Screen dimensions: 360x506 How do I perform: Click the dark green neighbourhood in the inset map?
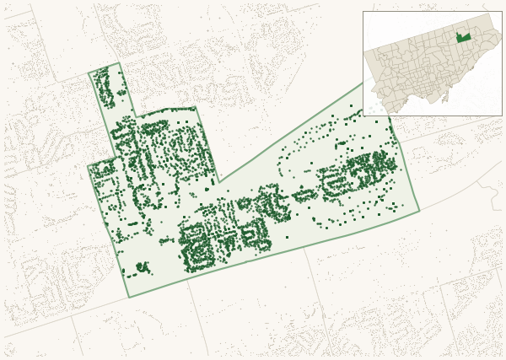tap(463, 38)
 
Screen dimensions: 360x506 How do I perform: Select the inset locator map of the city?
tap(432, 63)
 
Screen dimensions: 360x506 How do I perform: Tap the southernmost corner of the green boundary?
tap(130, 297)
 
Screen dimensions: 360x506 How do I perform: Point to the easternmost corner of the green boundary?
tap(419, 211)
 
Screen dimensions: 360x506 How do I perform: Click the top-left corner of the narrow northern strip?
tap(89, 74)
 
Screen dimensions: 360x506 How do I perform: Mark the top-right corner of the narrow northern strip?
tap(120, 63)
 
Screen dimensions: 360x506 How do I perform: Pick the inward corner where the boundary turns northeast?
tap(218, 181)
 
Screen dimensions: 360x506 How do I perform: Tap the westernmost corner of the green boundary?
tap(88, 165)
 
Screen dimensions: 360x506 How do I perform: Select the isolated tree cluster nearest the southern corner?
tap(139, 268)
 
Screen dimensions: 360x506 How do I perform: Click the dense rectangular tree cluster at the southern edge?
tap(198, 249)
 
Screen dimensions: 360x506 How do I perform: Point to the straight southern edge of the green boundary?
tap(278, 253)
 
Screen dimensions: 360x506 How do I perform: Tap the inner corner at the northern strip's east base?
tap(136, 116)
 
